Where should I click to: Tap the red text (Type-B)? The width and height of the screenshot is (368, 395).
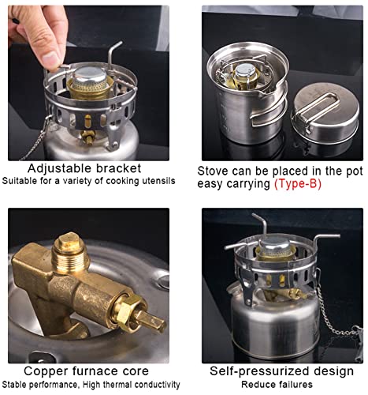coord(298,184)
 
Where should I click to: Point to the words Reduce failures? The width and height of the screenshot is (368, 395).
coord(277,385)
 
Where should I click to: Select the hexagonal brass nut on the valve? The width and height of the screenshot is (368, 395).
coord(127,309)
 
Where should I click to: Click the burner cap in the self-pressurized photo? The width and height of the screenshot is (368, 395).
coord(275,247)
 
